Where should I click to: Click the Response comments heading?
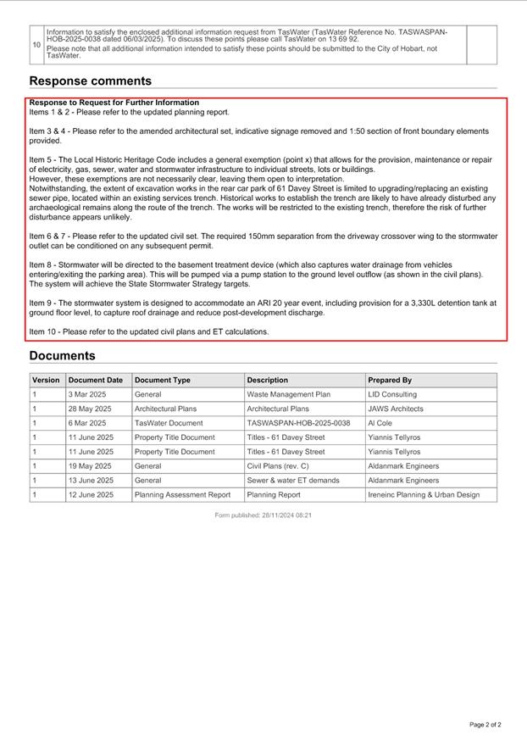click(91, 81)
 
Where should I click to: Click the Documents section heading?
click(63, 356)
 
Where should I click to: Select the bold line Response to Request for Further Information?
click(114, 103)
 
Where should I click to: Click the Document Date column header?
click(96, 381)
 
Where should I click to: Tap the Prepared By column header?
click(390, 381)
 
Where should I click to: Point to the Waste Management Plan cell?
click(288, 395)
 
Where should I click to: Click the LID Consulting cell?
click(392, 395)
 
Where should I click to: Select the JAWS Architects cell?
click(396, 409)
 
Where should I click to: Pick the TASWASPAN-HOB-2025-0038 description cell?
click(298, 423)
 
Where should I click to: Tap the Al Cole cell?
click(380, 423)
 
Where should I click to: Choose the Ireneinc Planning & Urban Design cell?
click(424, 495)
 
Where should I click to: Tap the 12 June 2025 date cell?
click(91, 495)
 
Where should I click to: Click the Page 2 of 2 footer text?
click(485, 725)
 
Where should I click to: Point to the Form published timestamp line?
click(263, 515)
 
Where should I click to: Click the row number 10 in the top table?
click(36, 45)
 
